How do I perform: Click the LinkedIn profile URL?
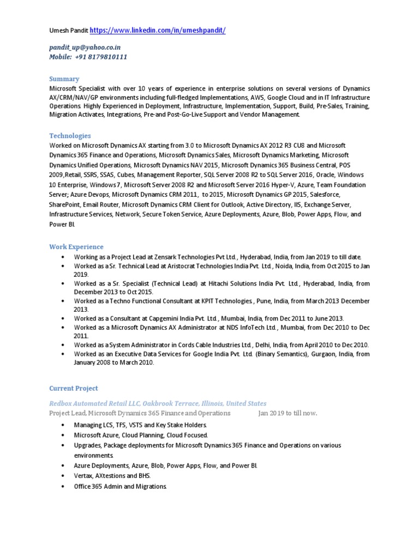[157, 31]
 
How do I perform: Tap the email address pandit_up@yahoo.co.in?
[85, 47]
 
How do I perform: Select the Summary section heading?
[64, 79]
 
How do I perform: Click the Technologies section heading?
[70, 136]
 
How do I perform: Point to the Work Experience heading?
[76, 247]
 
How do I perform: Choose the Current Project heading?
[74, 388]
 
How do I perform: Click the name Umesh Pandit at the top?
[68, 31]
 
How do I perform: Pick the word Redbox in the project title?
[61, 403]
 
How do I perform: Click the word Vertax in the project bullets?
[84, 476]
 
